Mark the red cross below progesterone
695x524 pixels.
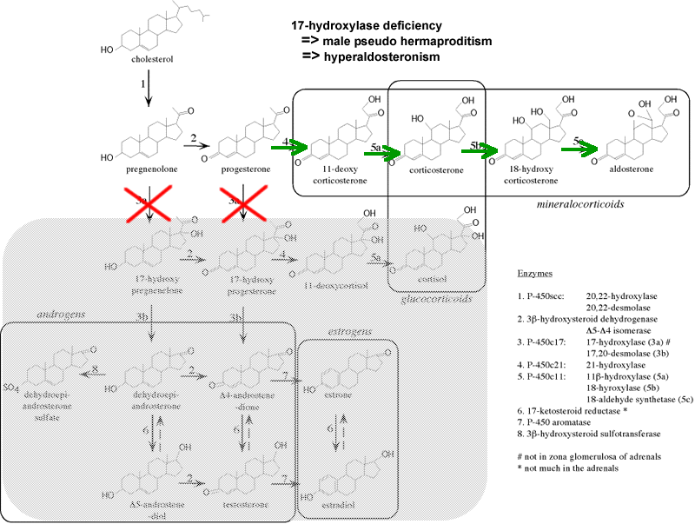click(242, 208)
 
